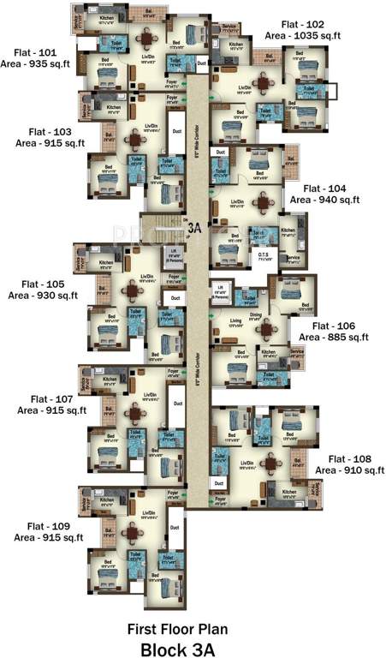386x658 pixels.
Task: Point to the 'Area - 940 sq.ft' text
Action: (324, 200)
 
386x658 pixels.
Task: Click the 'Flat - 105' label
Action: (34, 284)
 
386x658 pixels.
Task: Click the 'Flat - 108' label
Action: (347, 458)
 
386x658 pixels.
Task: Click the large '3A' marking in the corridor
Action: (195, 229)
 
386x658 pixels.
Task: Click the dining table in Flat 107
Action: (134, 413)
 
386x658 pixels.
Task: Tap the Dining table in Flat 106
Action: (269, 328)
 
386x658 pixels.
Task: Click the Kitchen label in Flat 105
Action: (105, 263)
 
